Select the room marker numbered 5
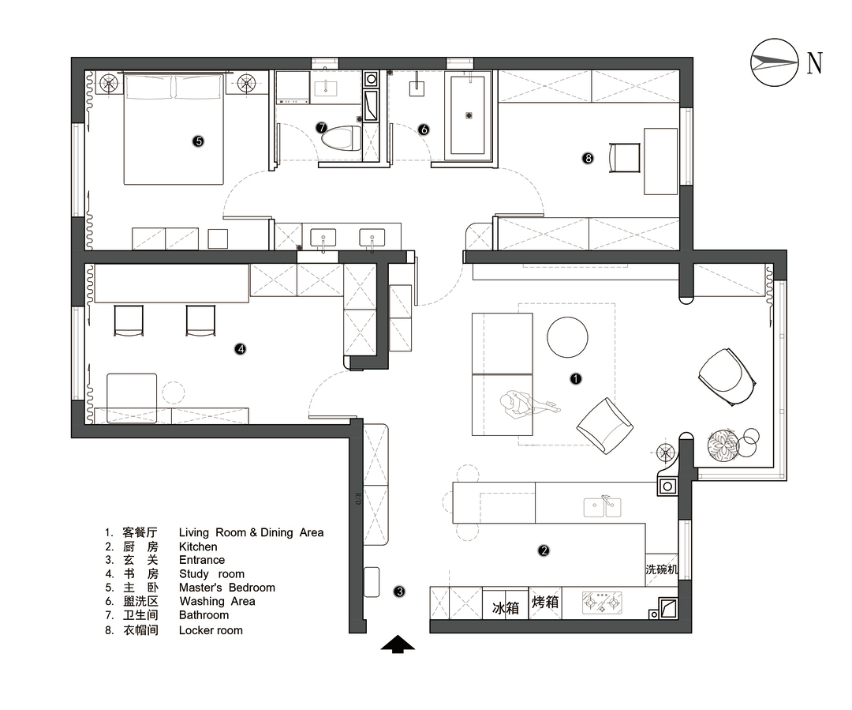[198, 141]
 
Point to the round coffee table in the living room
[568, 337]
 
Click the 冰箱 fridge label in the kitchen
[505, 607]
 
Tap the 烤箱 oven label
[545, 603]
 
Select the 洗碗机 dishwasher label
[661, 569]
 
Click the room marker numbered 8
[588, 158]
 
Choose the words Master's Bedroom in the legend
[227, 588]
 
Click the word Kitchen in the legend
[198, 547]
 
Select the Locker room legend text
[211, 630]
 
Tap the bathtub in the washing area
[469, 115]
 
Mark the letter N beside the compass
[815, 62]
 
